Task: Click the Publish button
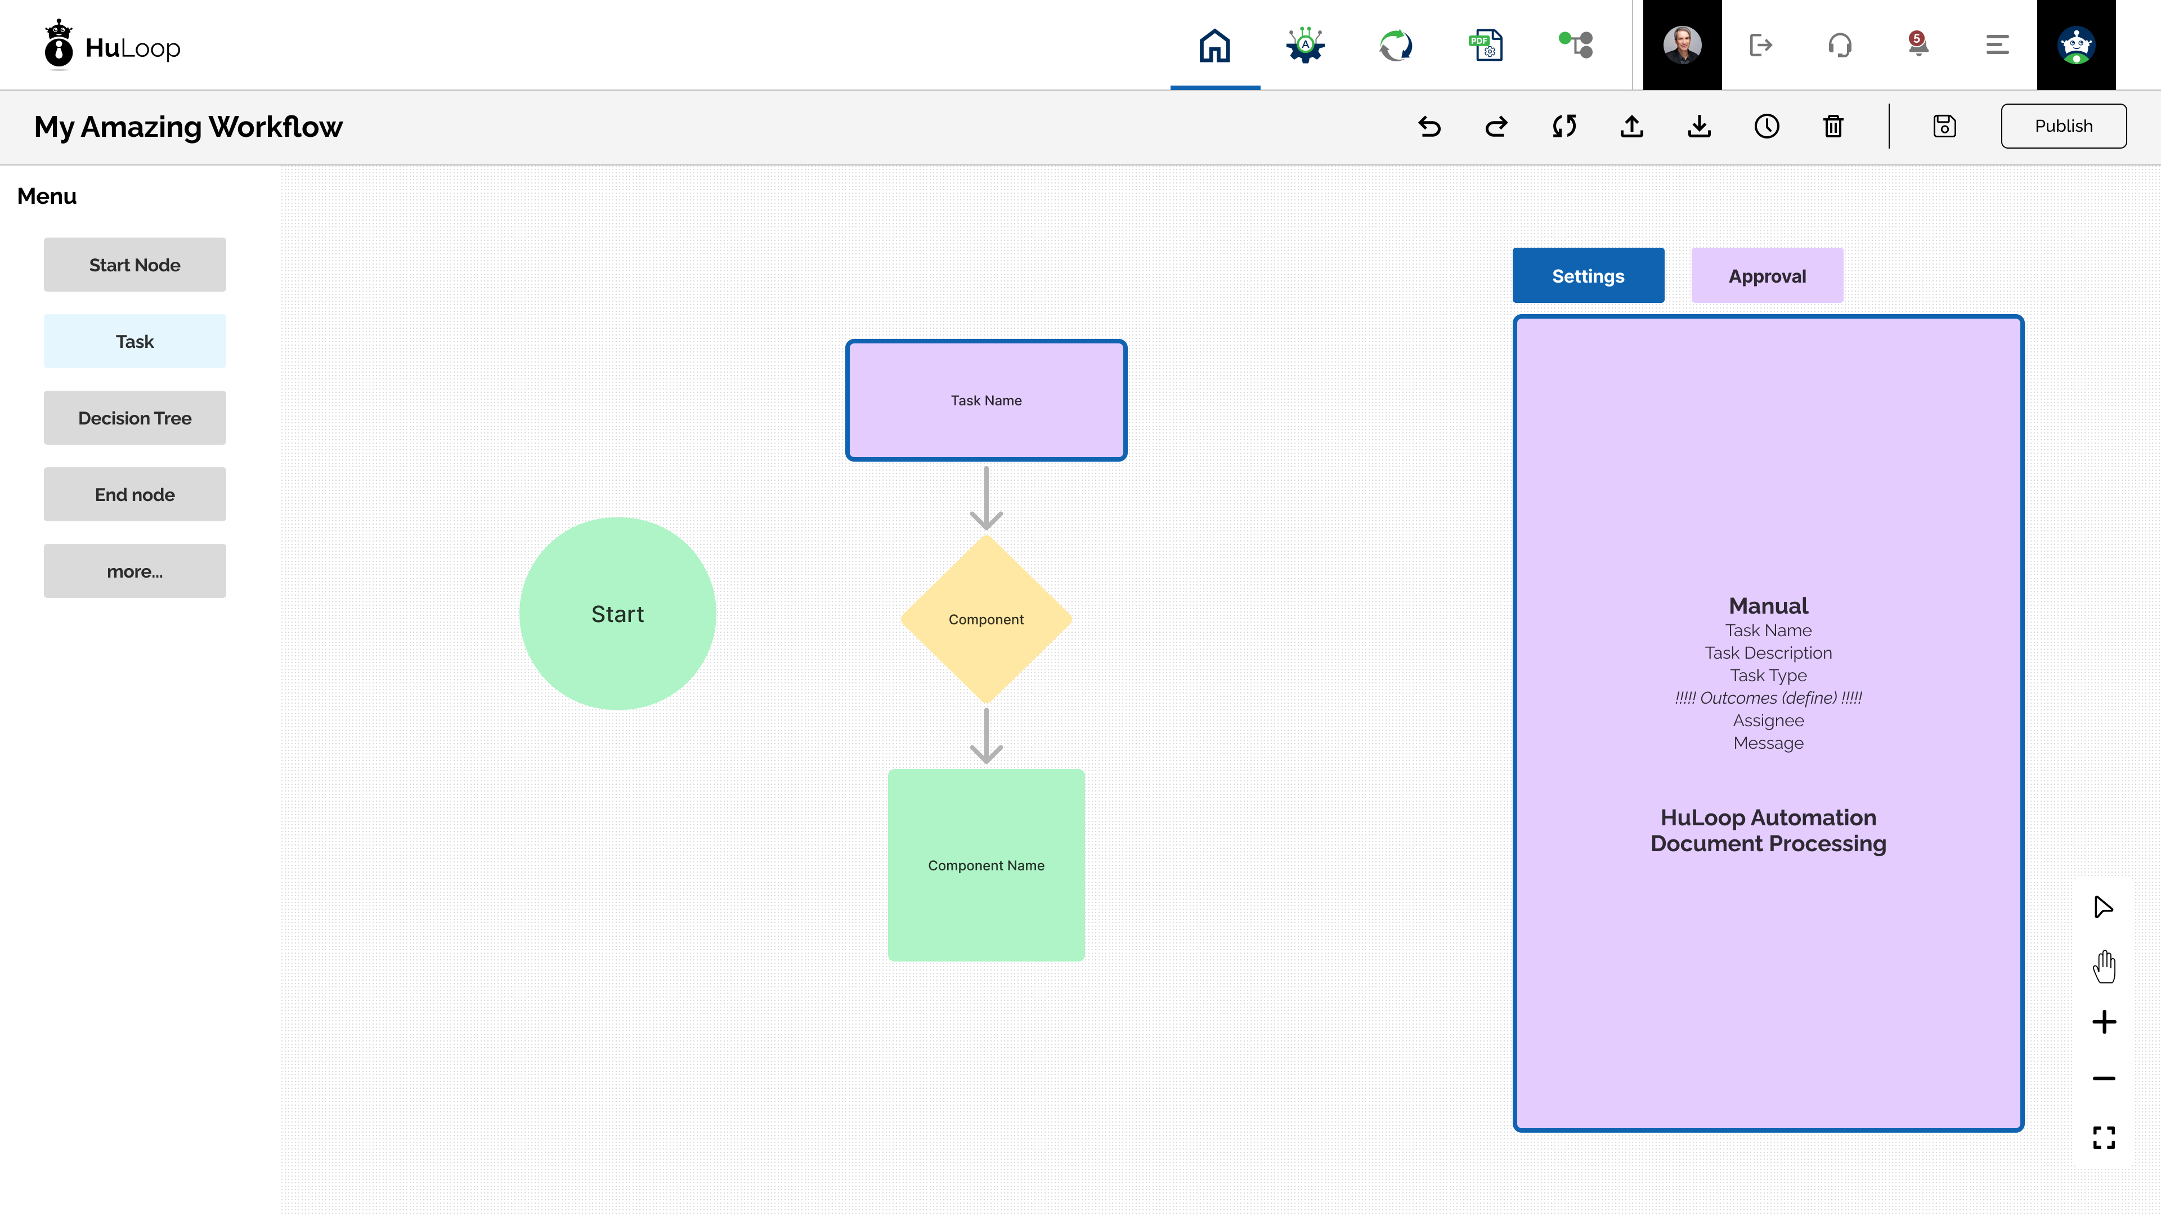pyautogui.click(x=2063, y=126)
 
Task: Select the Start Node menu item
pyautogui.click(x=135, y=265)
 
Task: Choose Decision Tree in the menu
pyautogui.click(x=135, y=418)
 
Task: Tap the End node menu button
pyautogui.click(x=135, y=494)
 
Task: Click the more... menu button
pyautogui.click(x=135, y=571)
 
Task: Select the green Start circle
pyautogui.click(x=617, y=614)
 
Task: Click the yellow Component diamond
pyautogui.click(x=986, y=619)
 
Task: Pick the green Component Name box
pyautogui.click(x=986, y=865)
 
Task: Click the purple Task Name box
pyautogui.click(x=986, y=400)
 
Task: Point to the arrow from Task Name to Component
pyautogui.click(x=986, y=498)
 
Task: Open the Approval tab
pyautogui.click(x=1767, y=275)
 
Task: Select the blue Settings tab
pyautogui.click(x=1588, y=275)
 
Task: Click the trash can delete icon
pyautogui.click(x=1833, y=126)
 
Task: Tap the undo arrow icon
pyautogui.click(x=1429, y=126)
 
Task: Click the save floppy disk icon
pyautogui.click(x=1944, y=126)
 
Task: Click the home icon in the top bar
pyautogui.click(x=1215, y=45)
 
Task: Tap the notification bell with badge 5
pyautogui.click(x=1918, y=44)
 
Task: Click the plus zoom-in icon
pyautogui.click(x=2104, y=1022)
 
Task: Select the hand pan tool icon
pyautogui.click(x=2104, y=966)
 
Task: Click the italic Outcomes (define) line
pyautogui.click(x=1768, y=698)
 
